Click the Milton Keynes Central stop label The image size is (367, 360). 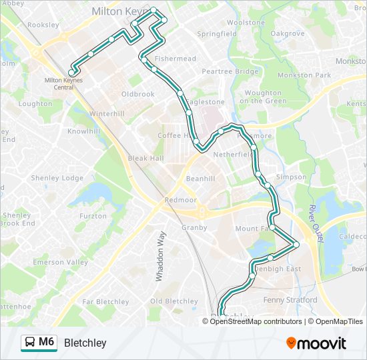click(59, 83)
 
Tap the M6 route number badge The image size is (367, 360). click(46, 342)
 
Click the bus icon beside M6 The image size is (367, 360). click(30, 343)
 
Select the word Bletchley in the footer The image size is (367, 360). click(85, 343)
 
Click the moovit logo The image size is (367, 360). click(316, 343)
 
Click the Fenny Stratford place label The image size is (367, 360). click(290, 300)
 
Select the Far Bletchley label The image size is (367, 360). click(105, 302)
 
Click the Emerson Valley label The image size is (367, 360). click(61, 263)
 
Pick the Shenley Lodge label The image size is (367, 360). click(63, 178)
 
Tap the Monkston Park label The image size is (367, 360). click(306, 75)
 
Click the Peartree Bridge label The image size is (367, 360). click(230, 71)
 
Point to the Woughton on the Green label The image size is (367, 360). click(263, 97)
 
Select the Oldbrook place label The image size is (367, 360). click(138, 94)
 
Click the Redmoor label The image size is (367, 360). click(181, 200)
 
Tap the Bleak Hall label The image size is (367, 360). click(146, 158)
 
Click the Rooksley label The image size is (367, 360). click(44, 25)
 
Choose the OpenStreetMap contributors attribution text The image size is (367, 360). click(256, 321)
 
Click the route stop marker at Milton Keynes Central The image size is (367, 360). click(71, 73)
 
